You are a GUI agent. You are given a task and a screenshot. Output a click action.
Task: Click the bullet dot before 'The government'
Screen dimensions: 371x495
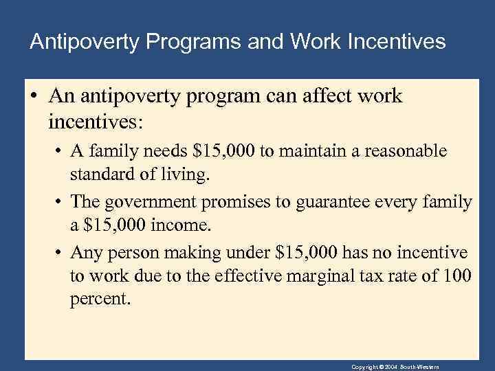tap(57, 203)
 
